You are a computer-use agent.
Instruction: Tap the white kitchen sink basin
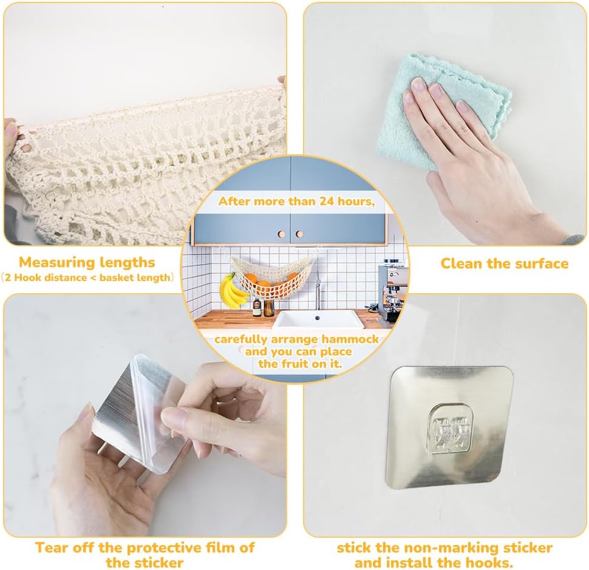[318, 319]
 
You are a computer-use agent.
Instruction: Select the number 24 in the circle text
[327, 202]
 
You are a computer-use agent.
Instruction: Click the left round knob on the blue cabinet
[282, 234]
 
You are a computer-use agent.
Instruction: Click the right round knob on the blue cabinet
[299, 234]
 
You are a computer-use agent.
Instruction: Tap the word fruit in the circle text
[294, 364]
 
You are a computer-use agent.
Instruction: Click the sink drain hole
[318, 318]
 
